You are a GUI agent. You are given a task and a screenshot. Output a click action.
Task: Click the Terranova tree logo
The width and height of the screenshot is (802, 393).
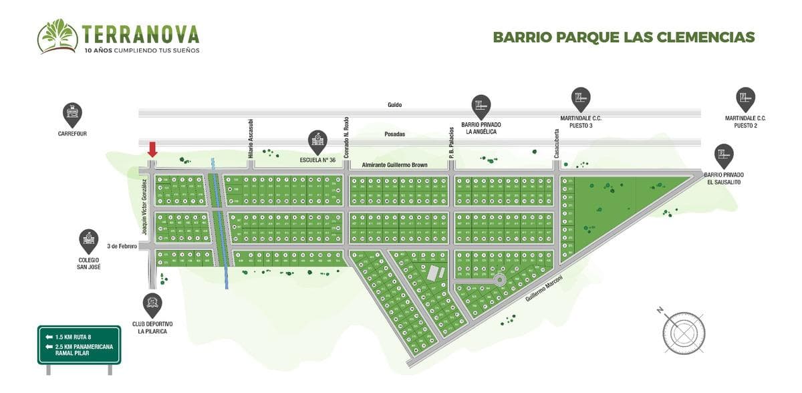57,36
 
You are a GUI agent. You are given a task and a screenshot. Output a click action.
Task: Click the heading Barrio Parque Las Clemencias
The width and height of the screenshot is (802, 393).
624,37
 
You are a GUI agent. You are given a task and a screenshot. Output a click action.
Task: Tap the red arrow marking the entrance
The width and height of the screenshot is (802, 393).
152,149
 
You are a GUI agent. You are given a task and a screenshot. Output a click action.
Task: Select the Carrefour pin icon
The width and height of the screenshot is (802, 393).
72,114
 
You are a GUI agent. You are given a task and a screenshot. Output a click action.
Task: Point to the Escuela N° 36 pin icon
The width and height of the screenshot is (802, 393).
317,142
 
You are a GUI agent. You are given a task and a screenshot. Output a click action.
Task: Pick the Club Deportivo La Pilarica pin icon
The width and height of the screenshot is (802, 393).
152,305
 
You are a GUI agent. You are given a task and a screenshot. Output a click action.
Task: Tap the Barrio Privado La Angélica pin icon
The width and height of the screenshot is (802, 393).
481,106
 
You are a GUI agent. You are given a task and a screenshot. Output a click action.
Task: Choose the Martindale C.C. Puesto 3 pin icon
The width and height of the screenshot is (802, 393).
581,99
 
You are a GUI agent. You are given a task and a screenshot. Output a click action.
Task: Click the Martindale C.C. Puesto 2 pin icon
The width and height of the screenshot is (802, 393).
745,99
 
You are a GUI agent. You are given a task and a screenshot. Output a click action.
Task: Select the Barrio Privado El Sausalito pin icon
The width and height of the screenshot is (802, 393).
723,156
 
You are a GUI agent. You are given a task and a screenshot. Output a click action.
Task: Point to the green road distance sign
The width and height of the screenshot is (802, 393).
79,345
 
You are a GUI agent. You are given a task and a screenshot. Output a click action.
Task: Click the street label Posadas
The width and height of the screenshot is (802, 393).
395,134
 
